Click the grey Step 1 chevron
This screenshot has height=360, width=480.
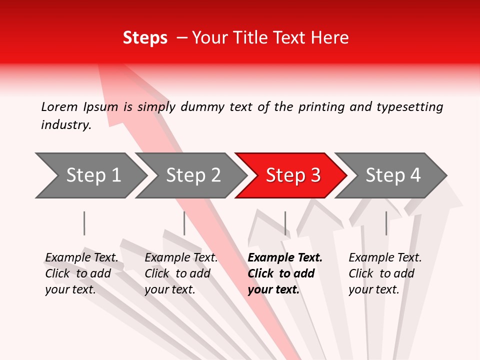click(x=90, y=175)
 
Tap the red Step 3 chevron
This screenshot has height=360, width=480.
click(x=291, y=175)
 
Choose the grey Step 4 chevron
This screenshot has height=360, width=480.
click(x=391, y=175)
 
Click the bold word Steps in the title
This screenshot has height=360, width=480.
click(x=145, y=38)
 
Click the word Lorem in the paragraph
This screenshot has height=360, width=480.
click(x=59, y=106)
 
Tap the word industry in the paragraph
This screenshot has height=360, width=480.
click(x=65, y=125)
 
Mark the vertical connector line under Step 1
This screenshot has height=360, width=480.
click(x=84, y=223)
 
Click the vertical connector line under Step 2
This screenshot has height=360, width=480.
click(x=184, y=223)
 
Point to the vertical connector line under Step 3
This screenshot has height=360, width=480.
click(x=285, y=223)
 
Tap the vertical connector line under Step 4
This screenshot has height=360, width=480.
click(x=386, y=223)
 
